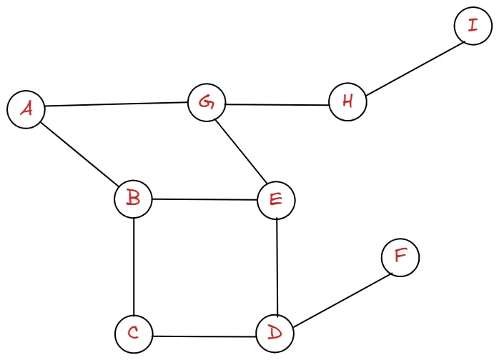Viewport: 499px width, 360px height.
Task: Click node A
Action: coord(26,110)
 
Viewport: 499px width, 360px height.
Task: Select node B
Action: coord(133,198)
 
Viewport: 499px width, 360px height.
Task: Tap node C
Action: coord(133,334)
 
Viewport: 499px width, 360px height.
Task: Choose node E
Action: coord(276,200)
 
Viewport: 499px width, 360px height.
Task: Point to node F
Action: coord(400,257)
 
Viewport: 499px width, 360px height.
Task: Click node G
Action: coord(207,103)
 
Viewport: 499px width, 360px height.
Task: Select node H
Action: coord(347,101)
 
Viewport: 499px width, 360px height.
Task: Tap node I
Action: coord(472,26)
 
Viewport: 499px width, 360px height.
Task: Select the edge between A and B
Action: coord(79,154)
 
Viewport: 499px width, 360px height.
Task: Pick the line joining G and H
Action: coord(277,104)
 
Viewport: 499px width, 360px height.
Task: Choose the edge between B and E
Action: coord(204,199)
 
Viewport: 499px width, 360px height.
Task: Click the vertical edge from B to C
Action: coord(134,266)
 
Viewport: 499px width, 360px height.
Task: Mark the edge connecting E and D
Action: coord(276,266)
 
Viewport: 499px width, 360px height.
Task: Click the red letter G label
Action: coord(207,103)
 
